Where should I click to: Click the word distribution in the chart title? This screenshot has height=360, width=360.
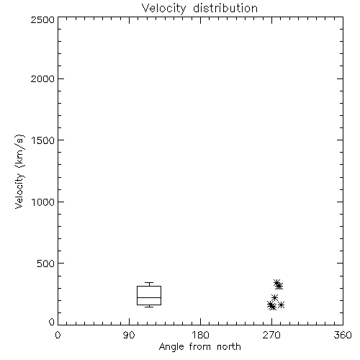pyautogui.click(x=225, y=9)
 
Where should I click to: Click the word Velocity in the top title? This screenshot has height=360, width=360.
pyautogui.click(x=164, y=9)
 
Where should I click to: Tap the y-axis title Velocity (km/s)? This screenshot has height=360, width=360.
pyautogui.click(x=19, y=171)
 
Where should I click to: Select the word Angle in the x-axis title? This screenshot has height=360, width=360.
pyautogui.click(x=171, y=347)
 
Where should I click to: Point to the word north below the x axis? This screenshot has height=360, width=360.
pyautogui.click(x=229, y=347)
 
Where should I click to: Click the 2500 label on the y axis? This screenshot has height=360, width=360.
pyautogui.click(x=42, y=19)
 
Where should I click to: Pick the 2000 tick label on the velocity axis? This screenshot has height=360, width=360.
pyautogui.click(x=42, y=78)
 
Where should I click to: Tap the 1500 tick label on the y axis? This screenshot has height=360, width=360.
pyautogui.click(x=43, y=140)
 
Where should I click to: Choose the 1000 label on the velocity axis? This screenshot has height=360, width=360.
pyautogui.click(x=43, y=202)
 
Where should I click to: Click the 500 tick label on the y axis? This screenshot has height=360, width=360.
pyautogui.click(x=46, y=264)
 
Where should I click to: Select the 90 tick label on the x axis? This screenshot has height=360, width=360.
pyautogui.click(x=129, y=335)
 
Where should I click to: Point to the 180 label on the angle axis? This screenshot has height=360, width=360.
pyautogui.click(x=200, y=335)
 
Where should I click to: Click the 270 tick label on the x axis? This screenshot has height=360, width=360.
pyautogui.click(x=271, y=335)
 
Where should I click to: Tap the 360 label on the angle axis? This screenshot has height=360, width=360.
pyautogui.click(x=343, y=335)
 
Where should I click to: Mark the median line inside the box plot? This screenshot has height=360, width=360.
pyautogui.click(x=149, y=297)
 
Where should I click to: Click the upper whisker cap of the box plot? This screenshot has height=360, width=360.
pyautogui.click(x=149, y=283)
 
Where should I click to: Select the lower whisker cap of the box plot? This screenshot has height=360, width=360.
pyautogui.click(x=149, y=307)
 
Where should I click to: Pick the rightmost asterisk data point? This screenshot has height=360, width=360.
pyautogui.click(x=282, y=305)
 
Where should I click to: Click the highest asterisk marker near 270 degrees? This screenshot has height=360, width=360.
pyautogui.click(x=277, y=283)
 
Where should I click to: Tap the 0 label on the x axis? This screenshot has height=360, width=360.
pyautogui.click(x=58, y=335)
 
